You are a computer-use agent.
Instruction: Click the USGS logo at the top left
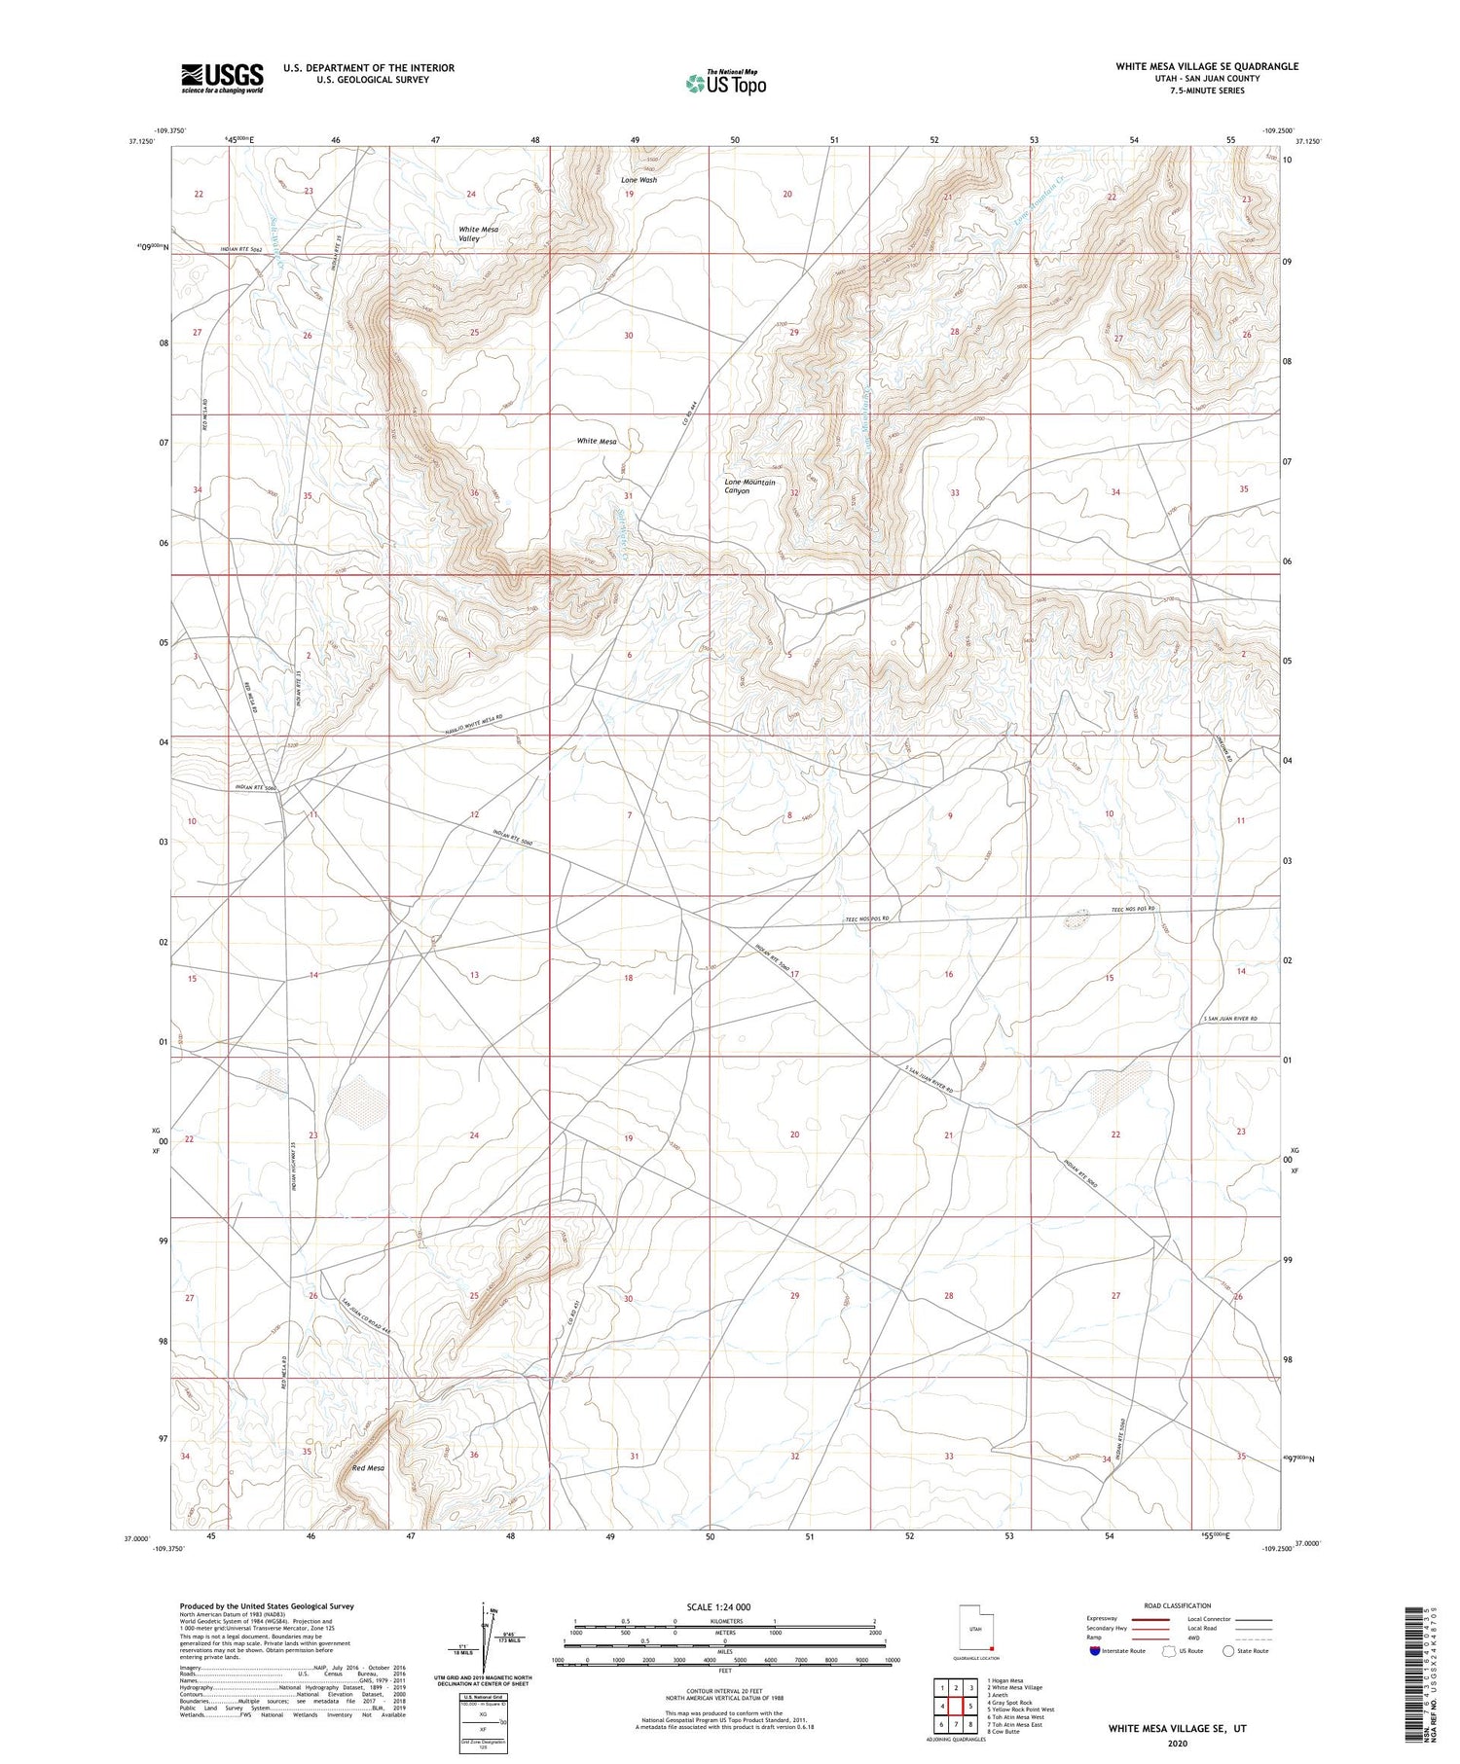pos(222,78)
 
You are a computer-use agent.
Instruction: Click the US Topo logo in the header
pos(725,84)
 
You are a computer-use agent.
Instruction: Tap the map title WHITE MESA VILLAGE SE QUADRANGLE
pos(1206,66)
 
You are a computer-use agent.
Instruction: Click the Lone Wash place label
pos(639,180)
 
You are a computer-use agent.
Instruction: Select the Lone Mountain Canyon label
pos(749,486)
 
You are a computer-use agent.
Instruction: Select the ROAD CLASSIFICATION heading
pos(1178,1605)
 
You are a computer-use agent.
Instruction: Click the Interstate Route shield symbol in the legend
pos(1095,1651)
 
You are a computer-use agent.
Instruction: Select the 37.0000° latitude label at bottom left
pos(137,1538)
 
